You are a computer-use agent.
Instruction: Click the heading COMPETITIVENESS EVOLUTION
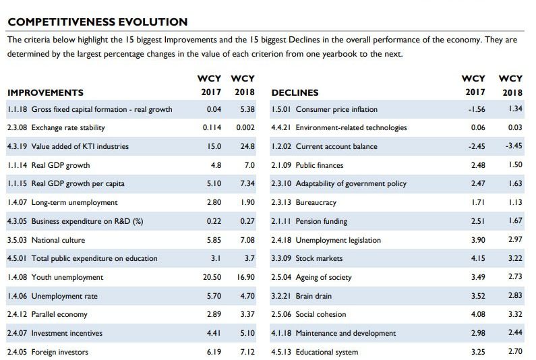[x=97, y=22]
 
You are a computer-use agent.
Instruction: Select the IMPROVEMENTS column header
[x=45, y=92]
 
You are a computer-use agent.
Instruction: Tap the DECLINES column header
[x=295, y=92]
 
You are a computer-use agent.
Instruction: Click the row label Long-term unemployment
[x=74, y=202]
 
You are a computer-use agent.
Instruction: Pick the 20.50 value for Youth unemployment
[x=212, y=277]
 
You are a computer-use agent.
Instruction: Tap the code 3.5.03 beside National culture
[x=17, y=240]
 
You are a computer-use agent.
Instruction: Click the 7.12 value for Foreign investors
[x=245, y=352]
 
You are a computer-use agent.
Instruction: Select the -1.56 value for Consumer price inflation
[x=477, y=109]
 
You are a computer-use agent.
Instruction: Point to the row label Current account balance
[x=336, y=146]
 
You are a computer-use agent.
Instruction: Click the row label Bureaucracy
[x=316, y=202]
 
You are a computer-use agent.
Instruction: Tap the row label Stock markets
[x=319, y=258]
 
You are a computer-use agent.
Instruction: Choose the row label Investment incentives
[x=67, y=333]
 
